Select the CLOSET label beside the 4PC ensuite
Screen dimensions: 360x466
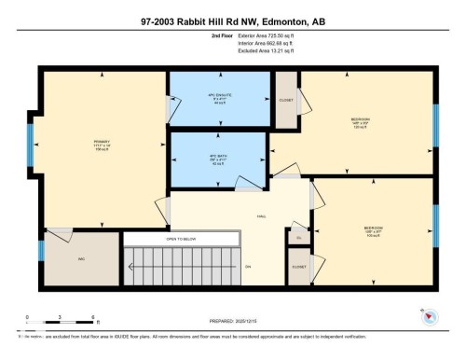point(285,100)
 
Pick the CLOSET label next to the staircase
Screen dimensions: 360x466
point(298,266)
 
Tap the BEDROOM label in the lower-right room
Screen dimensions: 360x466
point(373,228)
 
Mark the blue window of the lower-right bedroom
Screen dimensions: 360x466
point(435,224)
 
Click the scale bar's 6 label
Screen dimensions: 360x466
point(94,318)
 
